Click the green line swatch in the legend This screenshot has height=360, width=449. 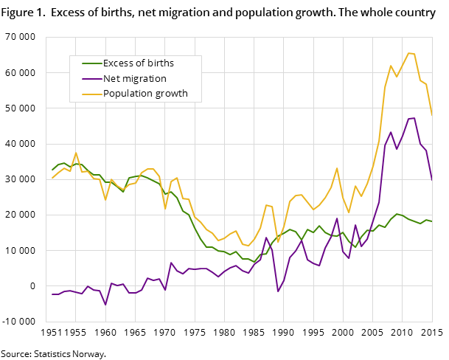91,63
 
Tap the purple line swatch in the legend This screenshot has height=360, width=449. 91,78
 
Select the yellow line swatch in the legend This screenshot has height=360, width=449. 91,94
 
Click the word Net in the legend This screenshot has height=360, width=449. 111,78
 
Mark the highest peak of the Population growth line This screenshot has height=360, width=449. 408,52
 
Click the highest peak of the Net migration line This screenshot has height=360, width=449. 414,118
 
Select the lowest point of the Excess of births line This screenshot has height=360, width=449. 254,262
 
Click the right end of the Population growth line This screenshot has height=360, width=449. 432,115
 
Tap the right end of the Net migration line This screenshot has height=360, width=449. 432,180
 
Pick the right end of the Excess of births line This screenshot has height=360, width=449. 432,221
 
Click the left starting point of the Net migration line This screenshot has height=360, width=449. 52,294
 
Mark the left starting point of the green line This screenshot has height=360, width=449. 52,170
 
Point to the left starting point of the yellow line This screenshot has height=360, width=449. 52,178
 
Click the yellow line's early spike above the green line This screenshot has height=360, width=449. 76,153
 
